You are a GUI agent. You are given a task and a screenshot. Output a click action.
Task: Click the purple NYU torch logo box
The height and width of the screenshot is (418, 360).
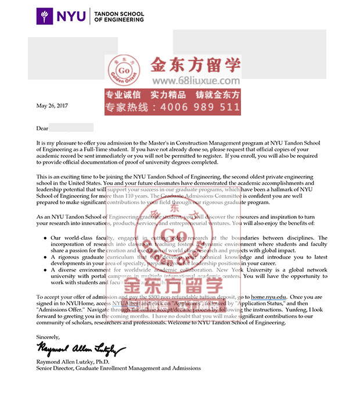(x=45, y=16)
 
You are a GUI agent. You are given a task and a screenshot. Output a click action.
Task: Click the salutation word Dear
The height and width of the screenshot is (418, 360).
(x=42, y=128)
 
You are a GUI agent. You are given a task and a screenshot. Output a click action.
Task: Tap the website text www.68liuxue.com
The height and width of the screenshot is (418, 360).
(x=188, y=81)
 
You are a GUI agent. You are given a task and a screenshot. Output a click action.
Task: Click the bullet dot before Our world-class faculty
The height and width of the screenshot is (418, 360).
(x=45, y=238)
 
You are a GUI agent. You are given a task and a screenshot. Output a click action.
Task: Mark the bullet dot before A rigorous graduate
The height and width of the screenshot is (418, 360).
(x=45, y=257)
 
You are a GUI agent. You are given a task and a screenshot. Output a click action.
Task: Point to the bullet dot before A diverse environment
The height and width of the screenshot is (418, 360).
(x=45, y=270)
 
